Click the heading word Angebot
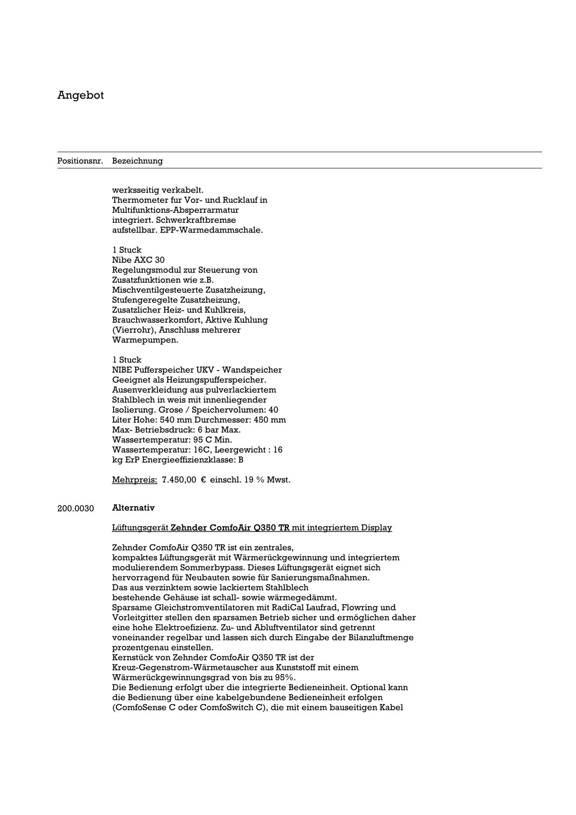pos(80,95)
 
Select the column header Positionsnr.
pos(80,161)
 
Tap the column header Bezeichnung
pos(137,161)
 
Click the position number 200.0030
pos(76,508)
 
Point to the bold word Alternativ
pos(133,508)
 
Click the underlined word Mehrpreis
pos(134,480)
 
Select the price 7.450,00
pos(179,480)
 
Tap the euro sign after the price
pos(203,480)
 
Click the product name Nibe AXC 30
pos(138,260)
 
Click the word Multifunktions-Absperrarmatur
pos(175,210)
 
